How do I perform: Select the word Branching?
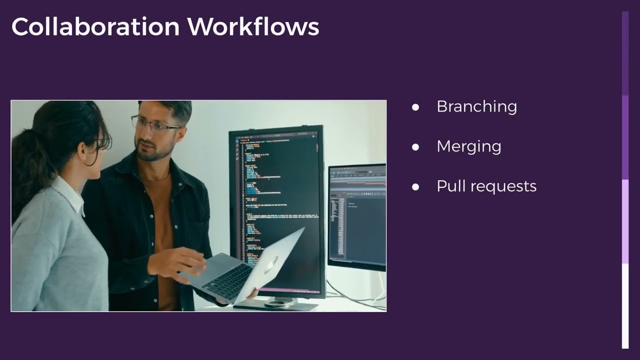click(476, 106)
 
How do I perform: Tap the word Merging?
click(468, 146)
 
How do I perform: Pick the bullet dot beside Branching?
click(415, 107)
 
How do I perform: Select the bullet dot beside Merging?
click(415, 147)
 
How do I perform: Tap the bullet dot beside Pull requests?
click(415, 187)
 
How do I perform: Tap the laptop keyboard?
click(227, 281)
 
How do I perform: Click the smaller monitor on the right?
click(357, 215)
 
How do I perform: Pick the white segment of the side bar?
click(625, 305)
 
